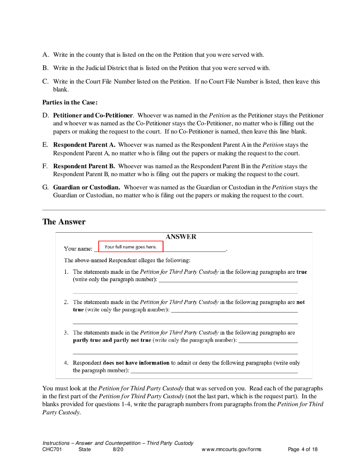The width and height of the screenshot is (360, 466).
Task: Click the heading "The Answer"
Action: [x=64, y=222]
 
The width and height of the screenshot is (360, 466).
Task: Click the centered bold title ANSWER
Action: [x=181, y=237]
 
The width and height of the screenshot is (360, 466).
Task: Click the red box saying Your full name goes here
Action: [x=131, y=247]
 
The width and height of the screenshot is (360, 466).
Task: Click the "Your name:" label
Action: [x=78, y=249]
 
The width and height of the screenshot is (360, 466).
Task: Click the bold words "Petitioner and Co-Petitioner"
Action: [x=93, y=115]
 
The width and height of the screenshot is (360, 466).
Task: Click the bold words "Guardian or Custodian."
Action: [x=87, y=187]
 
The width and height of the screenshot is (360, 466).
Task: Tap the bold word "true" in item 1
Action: [x=302, y=272]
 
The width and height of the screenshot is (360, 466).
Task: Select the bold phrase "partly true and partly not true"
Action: [x=112, y=340]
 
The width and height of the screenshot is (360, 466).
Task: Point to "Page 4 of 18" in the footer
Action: [x=303, y=450]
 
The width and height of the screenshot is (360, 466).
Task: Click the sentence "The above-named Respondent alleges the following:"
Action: [x=127, y=260]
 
